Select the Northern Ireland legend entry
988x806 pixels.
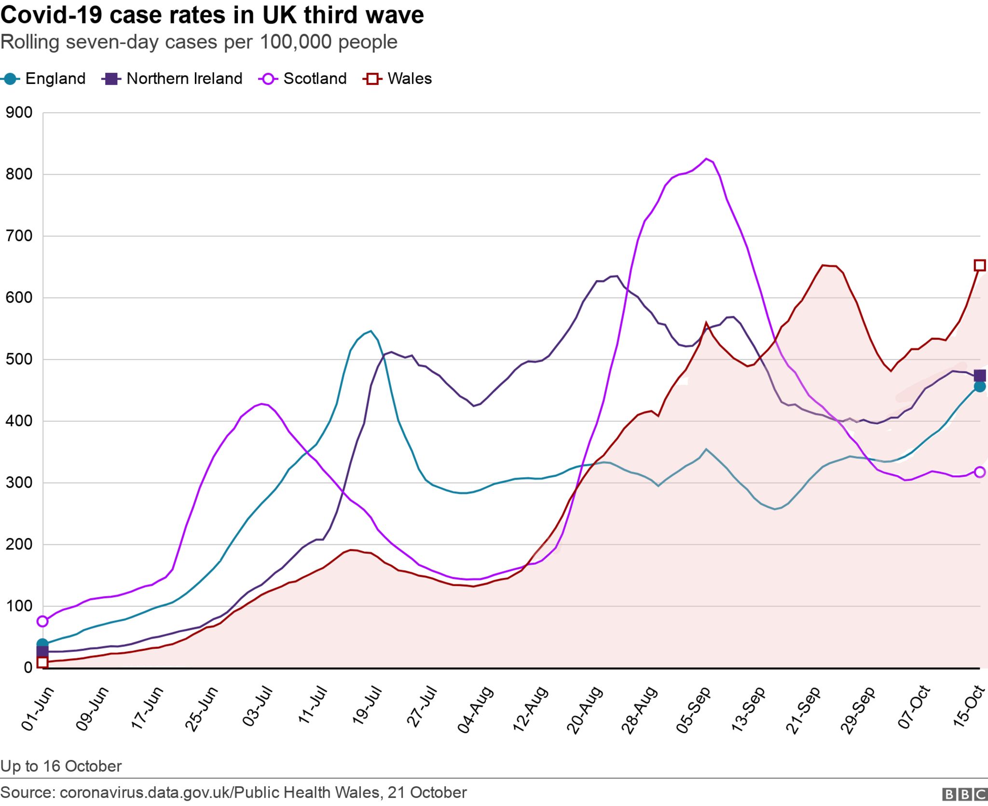point(172,79)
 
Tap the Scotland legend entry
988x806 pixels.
point(303,79)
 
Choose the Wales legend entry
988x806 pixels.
point(398,79)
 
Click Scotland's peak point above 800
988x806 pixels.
point(706,159)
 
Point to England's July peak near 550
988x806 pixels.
point(370,331)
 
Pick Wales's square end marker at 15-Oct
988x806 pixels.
point(980,265)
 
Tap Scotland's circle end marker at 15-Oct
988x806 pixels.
point(980,472)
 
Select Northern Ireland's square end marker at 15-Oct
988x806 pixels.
point(980,376)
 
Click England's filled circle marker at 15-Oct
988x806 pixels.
point(980,387)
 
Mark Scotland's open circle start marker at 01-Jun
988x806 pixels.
point(42,621)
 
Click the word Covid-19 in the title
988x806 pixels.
point(51,14)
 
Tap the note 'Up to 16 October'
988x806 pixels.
point(61,766)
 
